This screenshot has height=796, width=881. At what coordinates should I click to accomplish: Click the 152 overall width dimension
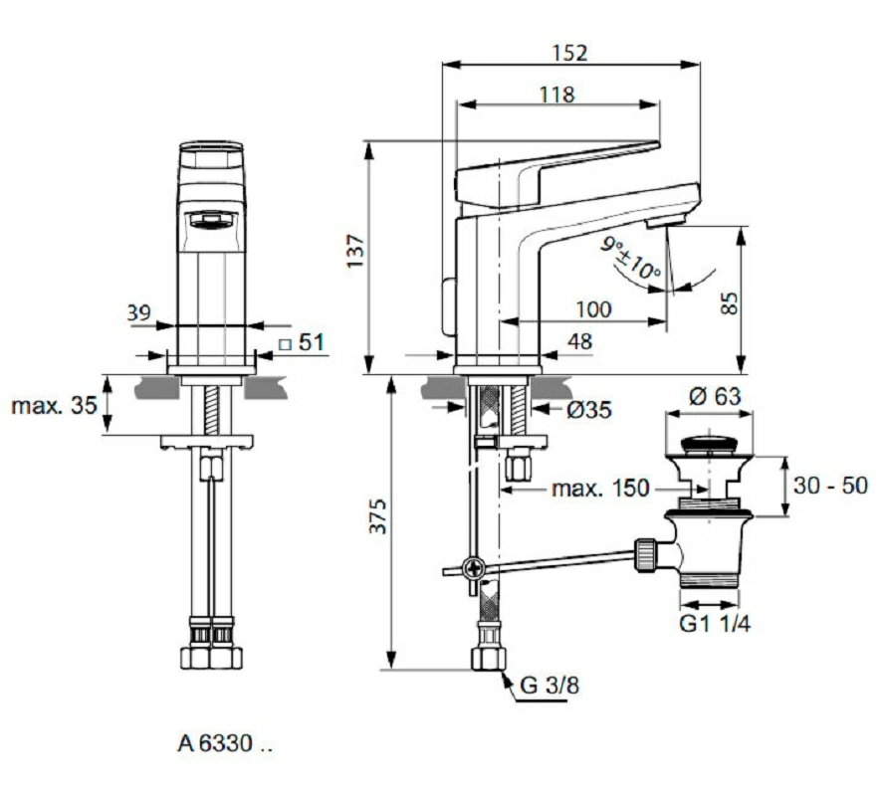(x=569, y=53)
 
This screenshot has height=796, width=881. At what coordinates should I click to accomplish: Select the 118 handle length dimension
(x=556, y=95)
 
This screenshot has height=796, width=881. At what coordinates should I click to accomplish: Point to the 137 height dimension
(x=355, y=251)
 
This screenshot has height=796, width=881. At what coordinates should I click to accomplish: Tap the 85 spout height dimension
(x=730, y=303)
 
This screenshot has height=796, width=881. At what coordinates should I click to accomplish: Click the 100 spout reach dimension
(x=594, y=309)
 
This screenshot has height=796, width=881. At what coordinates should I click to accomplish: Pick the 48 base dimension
(x=579, y=341)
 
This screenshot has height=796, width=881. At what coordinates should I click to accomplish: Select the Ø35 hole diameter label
(x=589, y=410)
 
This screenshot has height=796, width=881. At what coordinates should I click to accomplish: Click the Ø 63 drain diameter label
(x=715, y=396)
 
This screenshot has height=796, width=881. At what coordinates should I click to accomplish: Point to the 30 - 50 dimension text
(x=830, y=486)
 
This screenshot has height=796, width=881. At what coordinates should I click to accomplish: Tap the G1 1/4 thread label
(x=715, y=624)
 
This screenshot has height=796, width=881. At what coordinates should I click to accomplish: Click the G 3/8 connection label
(x=550, y=685)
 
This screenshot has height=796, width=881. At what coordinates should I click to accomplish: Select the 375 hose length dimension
(x=378, y=516)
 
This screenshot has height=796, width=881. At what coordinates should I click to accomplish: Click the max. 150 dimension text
(x=600, y=489)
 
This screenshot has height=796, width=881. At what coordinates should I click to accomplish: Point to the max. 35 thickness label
(x=54, y=405)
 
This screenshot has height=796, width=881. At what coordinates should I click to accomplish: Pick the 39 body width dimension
(x=139, y=312)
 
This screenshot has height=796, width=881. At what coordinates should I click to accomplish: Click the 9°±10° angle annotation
(x=630, y=259)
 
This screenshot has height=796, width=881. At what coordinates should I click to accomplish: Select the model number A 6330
(x=225, y=743)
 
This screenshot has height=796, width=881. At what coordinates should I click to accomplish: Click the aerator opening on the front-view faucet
(x=211, y=220)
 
